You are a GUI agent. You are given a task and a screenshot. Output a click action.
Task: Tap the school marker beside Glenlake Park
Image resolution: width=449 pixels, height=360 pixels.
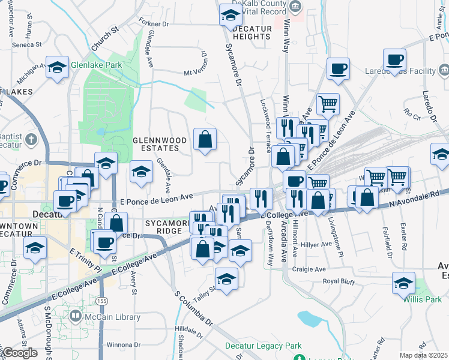[x=58, y=67]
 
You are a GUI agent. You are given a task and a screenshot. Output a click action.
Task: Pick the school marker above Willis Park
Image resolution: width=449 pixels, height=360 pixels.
[x=403, y=283]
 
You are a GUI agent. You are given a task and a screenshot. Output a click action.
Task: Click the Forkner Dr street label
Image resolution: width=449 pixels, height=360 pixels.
[x=154, y=25]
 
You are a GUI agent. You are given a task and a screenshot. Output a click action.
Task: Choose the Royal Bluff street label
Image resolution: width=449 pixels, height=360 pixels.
[x=340, y=281]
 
